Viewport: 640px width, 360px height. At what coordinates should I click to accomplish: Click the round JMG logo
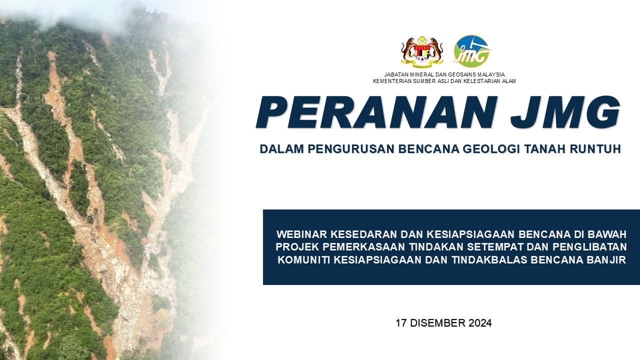(471, 51)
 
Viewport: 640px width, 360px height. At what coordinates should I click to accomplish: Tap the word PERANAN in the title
(377, 112)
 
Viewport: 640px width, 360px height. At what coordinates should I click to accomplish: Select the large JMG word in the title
(565, 112)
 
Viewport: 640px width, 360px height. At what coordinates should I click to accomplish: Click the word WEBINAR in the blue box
(301, 234)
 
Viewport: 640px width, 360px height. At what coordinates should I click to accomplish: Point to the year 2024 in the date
(480, 323)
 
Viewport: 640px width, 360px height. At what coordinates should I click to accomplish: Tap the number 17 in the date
(401, 323)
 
